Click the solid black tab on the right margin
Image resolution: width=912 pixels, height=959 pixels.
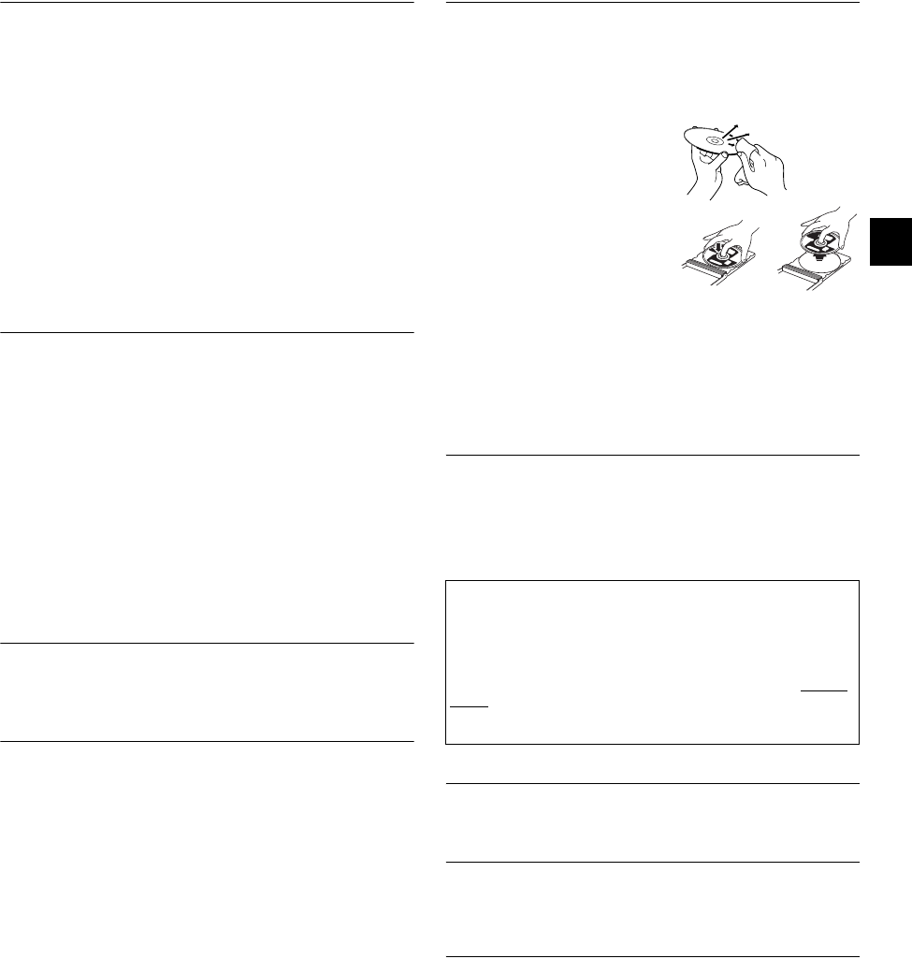890,242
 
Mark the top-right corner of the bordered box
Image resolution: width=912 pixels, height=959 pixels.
859,581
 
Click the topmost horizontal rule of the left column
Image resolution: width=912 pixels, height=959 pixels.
207,3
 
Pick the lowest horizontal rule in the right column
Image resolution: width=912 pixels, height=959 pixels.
653,956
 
